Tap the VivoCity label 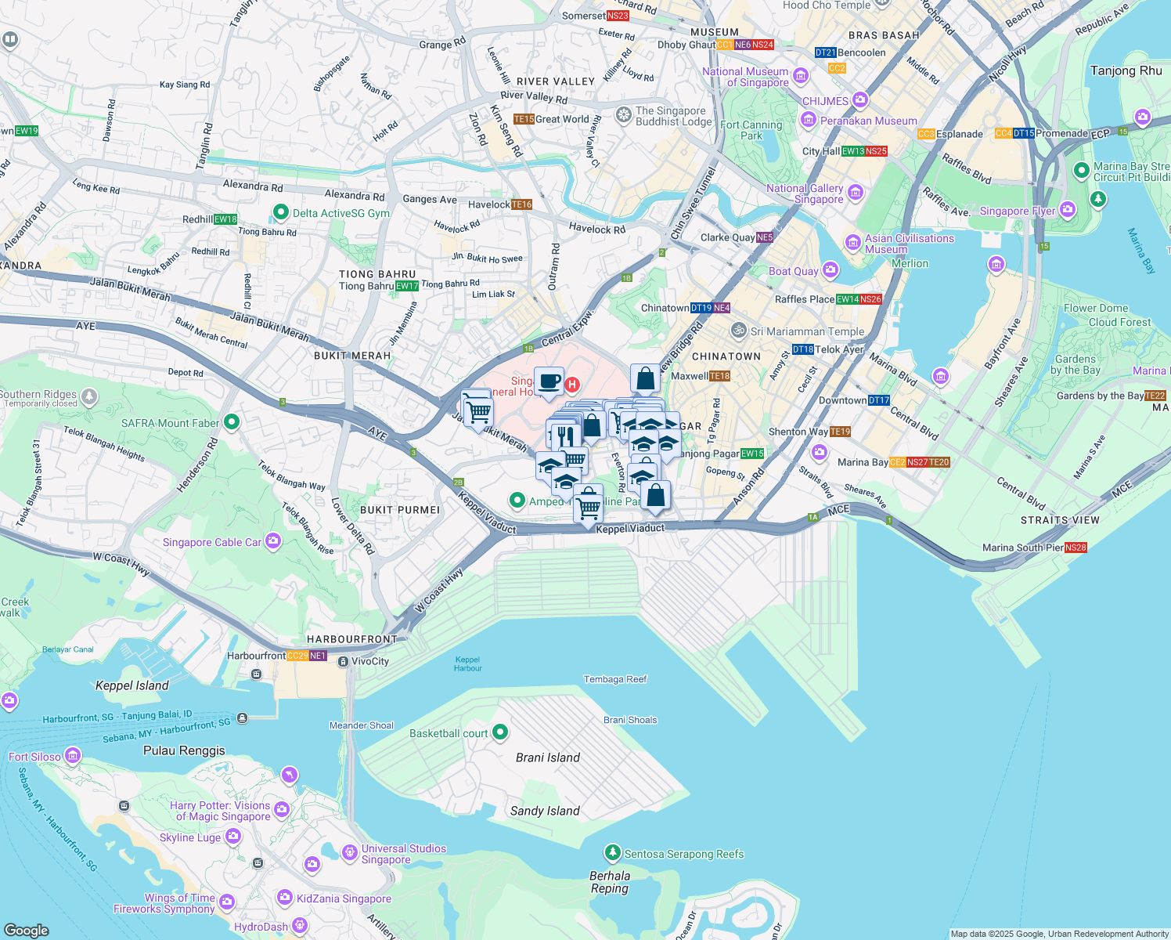pos(370,661)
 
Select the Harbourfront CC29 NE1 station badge pos(306,656)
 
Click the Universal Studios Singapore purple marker pos(350,853)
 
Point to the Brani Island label pos(548,757)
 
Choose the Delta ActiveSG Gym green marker pos(281,212)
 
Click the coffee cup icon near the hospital pos(549,381)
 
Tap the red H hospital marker pos(572,385)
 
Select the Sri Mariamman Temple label pos(807,331)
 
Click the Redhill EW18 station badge pos(225,219)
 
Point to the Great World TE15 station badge pos(524,119)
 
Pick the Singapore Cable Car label pos(212,542)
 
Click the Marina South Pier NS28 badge pos(1076,548)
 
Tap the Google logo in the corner pos(26,930)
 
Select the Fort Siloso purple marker pos(73,756)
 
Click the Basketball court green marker pos(500,732)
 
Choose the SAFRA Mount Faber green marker pos(231,422)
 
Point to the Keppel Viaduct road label pos(630,529)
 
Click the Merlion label pos(910,263)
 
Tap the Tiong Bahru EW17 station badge pos(407,286)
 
